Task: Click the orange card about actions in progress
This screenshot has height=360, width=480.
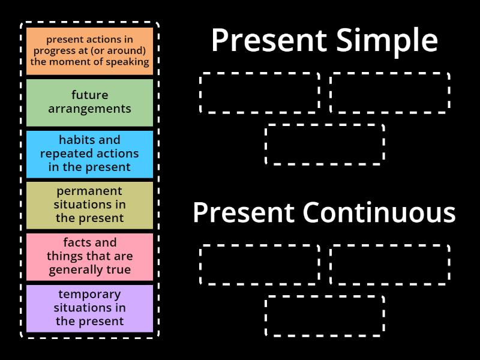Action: tap(89, 51)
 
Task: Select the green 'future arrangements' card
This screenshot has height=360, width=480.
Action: tap(89, 102)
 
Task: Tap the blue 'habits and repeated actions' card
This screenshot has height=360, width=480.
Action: tap(89, 154)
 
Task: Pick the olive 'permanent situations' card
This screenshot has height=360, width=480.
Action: tap(89, 205)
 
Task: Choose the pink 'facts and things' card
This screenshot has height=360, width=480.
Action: tap(89, 256)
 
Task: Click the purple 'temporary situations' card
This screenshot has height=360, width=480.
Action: tap(89, 308)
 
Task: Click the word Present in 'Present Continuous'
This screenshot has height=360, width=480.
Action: tap(244, 212)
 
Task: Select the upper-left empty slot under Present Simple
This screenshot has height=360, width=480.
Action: tap(259, 92)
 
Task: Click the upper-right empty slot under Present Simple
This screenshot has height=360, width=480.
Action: tap(390, 92)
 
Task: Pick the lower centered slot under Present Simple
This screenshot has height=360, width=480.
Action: tap(325, 144)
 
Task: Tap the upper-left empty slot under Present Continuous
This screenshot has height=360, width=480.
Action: tap(259, 264)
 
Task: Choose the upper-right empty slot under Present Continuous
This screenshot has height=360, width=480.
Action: tap(390, 264)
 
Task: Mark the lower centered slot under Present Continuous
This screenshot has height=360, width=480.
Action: tap(325, 316)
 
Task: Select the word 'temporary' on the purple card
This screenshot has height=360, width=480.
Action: tap(89, 295)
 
